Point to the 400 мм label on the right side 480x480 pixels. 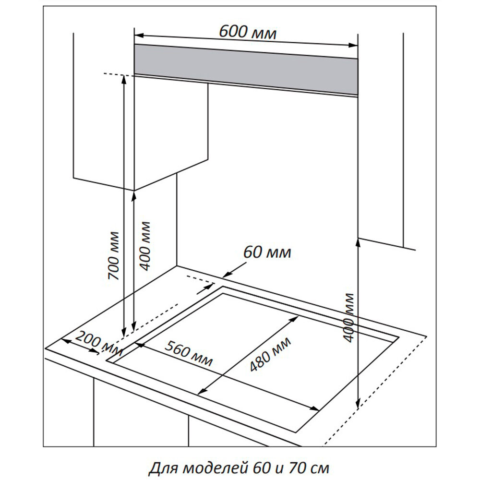click(x=349, y=317)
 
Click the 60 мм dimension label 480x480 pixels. click(x=267, y=252)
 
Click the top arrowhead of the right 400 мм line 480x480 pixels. click(x=358, y=242)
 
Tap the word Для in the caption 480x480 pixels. click(x=162, y=467)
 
